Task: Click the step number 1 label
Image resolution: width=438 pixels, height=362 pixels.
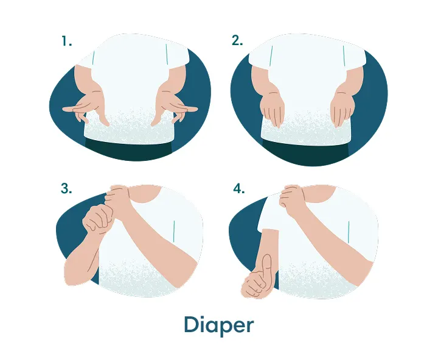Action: tap(66, 41)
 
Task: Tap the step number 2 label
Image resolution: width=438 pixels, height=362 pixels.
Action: tap(237, 41)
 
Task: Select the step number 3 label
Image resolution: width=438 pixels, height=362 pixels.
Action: tap(66, 188)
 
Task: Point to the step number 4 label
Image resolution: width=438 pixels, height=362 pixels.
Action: tap(239, 189)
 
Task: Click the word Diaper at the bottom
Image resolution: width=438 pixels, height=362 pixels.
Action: tap(219, 325)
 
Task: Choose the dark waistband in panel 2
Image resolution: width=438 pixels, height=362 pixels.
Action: tap(306, 152)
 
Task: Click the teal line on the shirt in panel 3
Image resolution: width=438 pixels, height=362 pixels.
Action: tap(175, 231)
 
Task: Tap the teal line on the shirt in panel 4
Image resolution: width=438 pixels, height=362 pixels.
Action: tap(349, 232)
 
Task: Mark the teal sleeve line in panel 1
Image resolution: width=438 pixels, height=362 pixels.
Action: tap(167, 54)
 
